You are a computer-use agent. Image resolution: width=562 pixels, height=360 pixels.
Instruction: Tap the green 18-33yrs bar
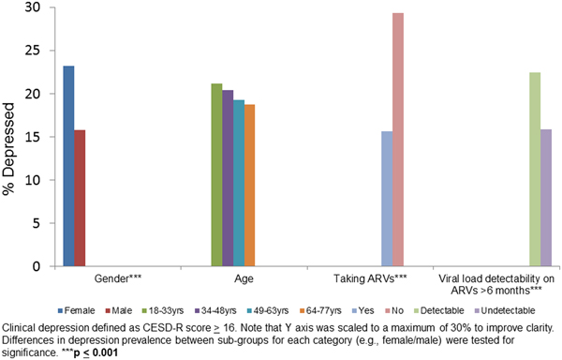[216, 174]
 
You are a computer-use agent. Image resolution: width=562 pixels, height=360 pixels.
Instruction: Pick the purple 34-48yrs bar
[228, 178]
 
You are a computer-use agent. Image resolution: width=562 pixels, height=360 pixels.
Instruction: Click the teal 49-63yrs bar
[239, 183]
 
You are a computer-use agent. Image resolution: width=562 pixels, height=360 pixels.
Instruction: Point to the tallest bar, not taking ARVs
[398, 140]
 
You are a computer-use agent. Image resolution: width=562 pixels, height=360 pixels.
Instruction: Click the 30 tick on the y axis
[35, 7]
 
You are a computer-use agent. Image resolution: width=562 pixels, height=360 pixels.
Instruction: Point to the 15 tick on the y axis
[35, 137]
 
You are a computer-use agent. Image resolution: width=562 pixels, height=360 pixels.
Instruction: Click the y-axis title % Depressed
[10, 137]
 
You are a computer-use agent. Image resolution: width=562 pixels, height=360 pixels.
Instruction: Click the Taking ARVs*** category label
[369, 279]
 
